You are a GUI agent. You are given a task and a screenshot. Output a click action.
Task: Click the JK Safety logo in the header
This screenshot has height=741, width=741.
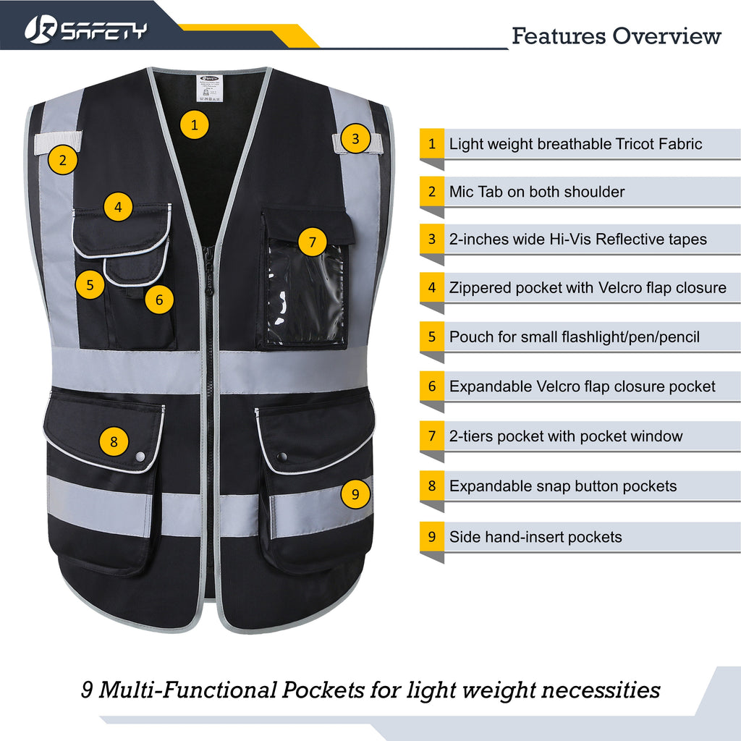[x=85, y=30]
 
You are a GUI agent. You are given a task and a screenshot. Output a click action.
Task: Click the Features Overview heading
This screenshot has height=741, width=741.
[x=616, y=35]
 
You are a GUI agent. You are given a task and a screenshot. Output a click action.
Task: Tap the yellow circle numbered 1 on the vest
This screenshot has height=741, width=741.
[x=194, y=124]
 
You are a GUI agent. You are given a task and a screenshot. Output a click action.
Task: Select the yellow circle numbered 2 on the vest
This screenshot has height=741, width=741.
[x=63, y=160]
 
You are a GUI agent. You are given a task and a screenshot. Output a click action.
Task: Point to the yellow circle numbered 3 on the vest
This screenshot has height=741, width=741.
[x=355, y=137]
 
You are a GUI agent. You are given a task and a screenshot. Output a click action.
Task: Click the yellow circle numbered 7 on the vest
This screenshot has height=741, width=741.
[x=313, y=242]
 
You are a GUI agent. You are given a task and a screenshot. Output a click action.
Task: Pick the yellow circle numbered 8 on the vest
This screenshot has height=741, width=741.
[x=114, y=441]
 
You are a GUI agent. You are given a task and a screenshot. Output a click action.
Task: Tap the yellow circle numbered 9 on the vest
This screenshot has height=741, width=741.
[x=355, y=494]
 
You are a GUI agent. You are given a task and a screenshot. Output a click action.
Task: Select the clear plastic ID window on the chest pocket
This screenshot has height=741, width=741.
[x=305, y=293]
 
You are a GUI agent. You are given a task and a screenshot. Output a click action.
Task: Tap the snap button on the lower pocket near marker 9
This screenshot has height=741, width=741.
[x=281, y=457]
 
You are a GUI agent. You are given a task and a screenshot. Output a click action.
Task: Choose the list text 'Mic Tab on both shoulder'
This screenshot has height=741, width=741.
[x=536, y=192]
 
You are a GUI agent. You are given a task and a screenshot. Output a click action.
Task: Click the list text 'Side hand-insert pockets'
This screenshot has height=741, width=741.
[x=535, y=537]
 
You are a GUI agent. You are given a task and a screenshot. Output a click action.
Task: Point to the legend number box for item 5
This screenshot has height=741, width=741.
[x=432, y=336]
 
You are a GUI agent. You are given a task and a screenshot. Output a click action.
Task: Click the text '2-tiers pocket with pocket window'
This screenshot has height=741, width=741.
[x=566, y=436]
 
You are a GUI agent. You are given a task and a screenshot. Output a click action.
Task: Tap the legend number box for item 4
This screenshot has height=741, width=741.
[x=432, y=287]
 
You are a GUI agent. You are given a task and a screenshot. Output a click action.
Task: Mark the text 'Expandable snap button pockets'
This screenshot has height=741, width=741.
[x=563, y=486]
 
